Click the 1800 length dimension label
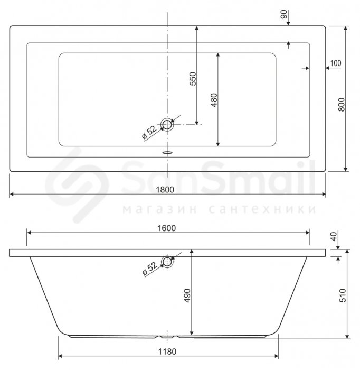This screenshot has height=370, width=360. tap(165, 189)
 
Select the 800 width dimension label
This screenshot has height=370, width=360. tap(342, 105)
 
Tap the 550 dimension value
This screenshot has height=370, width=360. tap(193, 79)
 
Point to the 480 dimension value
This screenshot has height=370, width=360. tap(214, 100)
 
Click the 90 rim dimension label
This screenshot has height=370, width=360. tap(284, 14)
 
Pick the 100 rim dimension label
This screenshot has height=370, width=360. tap(336, 63)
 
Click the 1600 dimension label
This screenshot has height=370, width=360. tap(167, 228)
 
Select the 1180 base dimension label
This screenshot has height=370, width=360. tap(167, 351)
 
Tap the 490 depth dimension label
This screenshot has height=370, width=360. tap(187, 295)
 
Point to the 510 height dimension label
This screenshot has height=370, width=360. tap(343, 295)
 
